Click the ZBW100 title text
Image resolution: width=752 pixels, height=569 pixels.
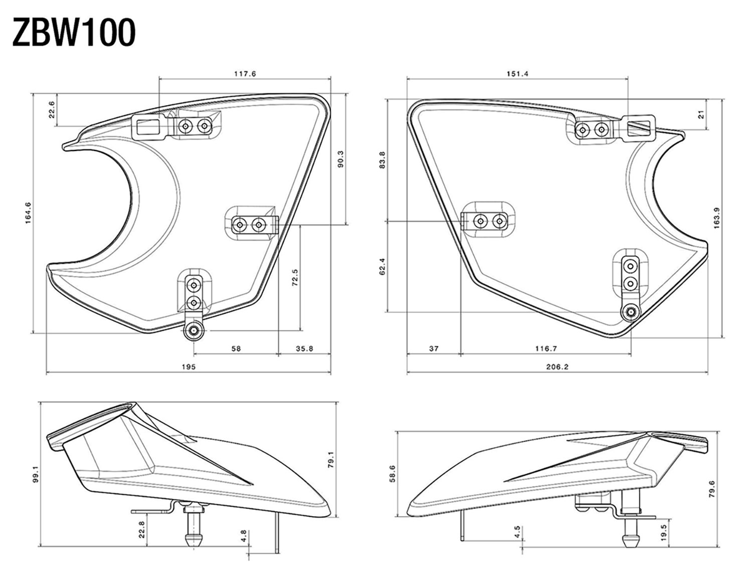point(74,33)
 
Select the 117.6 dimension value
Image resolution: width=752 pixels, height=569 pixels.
point(245,74)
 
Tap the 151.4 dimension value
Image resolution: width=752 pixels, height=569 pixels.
point(517,74)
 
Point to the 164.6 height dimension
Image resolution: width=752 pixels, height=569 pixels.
point(28,213)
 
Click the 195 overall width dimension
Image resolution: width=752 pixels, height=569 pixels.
point(189,366)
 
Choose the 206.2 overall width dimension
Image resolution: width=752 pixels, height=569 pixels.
point(557,366)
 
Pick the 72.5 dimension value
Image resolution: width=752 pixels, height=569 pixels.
point(295,277)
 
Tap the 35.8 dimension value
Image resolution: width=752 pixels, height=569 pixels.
point(304,348)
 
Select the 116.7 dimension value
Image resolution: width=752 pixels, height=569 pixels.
point(545,348)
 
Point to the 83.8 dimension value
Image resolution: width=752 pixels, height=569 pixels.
point(383,159)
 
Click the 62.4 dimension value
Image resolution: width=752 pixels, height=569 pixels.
point(383,267)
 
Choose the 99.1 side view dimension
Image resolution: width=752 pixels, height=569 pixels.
point(35,475)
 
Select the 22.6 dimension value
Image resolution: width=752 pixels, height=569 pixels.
point(52,109)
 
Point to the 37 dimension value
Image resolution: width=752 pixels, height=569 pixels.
point(434,348)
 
